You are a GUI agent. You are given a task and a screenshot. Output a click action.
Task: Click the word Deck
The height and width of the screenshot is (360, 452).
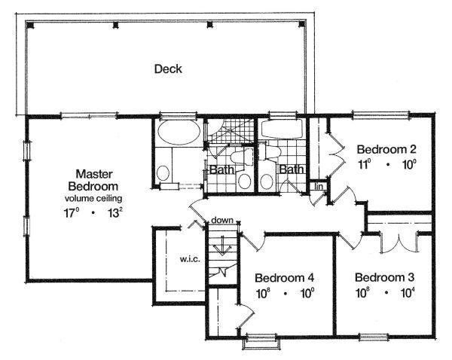point(168,69)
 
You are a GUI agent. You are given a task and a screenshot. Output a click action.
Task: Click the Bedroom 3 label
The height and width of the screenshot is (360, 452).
point(384,276)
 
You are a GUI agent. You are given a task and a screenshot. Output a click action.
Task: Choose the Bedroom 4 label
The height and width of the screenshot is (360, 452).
point(284,276)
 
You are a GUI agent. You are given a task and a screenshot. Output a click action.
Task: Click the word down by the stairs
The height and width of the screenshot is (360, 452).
point(221,220)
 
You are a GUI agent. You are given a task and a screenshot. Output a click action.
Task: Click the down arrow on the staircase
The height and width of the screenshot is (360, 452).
point(221,246)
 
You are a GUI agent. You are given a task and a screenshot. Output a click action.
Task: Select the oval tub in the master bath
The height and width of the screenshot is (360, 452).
point(179,133)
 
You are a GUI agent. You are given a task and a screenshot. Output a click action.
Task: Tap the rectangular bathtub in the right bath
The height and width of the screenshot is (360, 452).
point(281,130)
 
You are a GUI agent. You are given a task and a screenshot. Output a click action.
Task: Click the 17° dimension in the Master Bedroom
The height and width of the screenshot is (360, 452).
point(72,212)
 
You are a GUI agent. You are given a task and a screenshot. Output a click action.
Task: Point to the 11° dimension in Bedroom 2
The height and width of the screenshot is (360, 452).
point(366,163)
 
